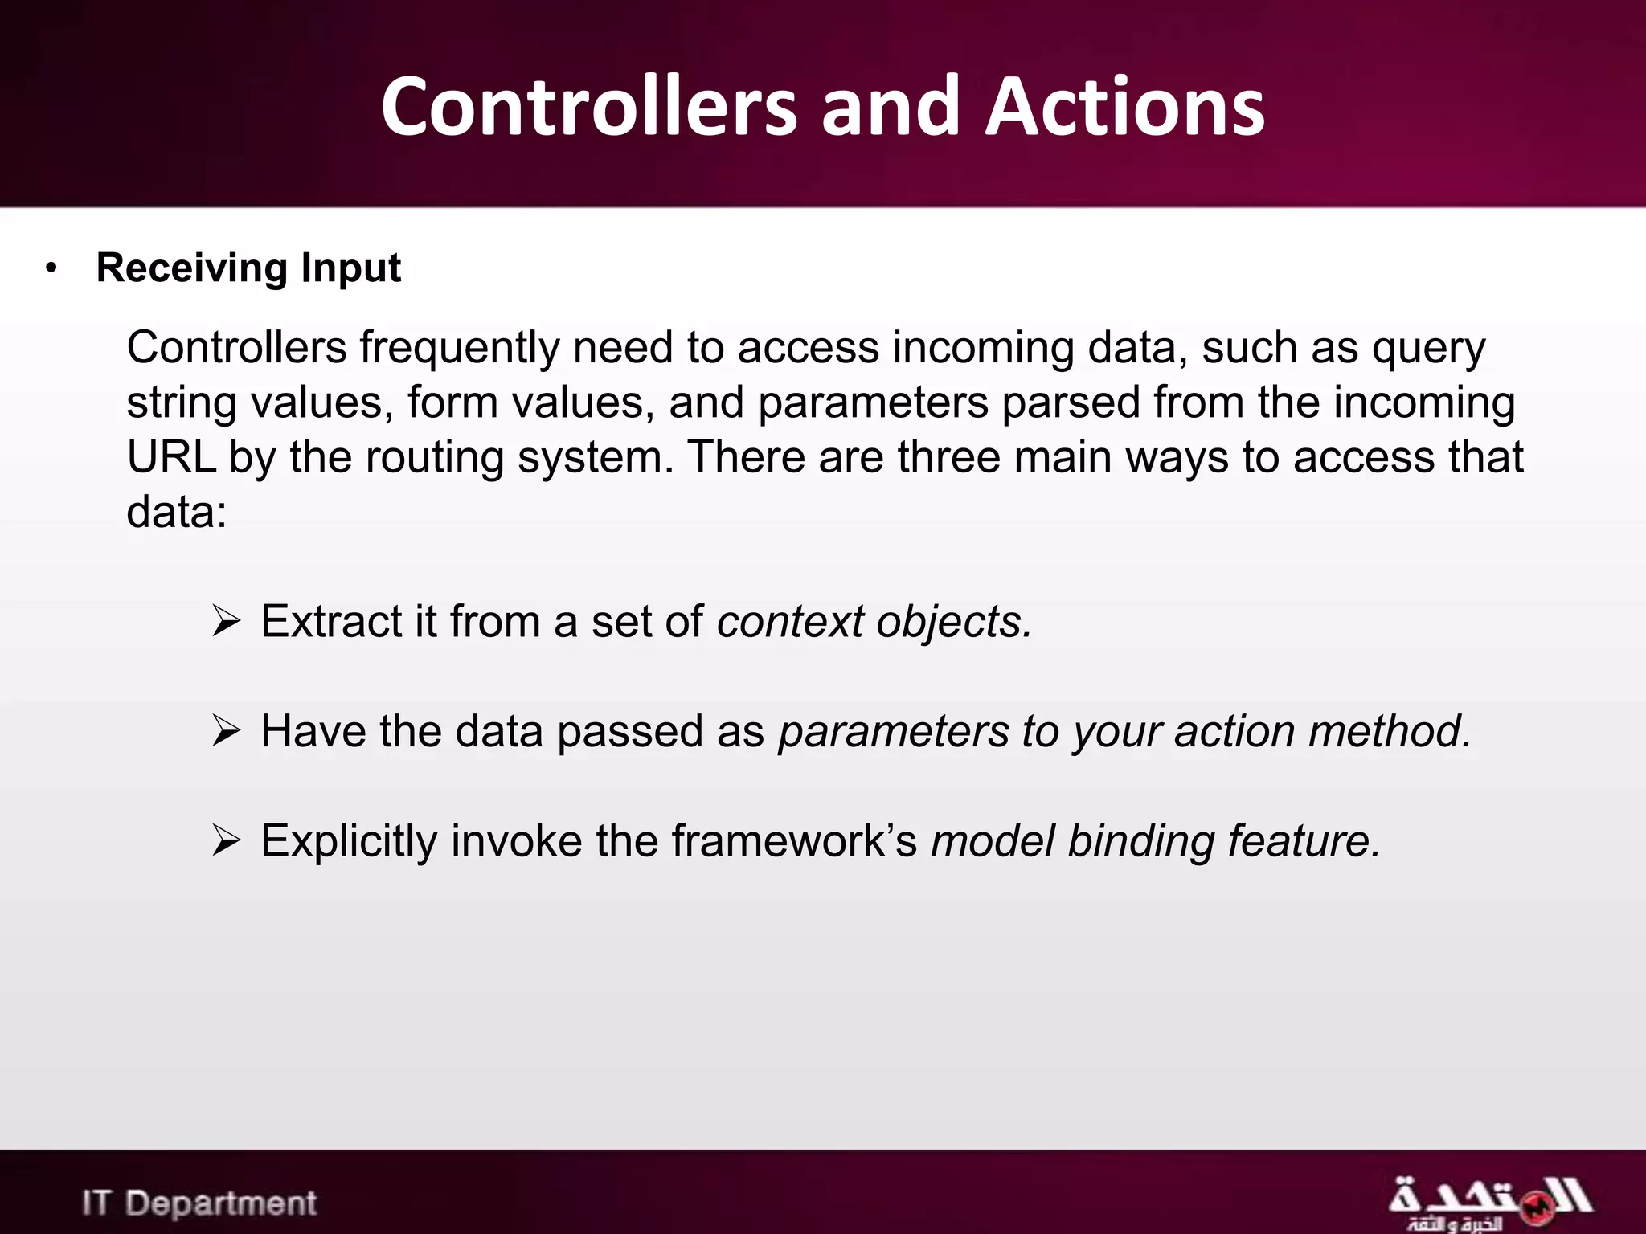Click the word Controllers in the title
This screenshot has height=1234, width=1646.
[x=589, y=107]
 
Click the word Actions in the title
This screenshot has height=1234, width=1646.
[x=1124, y=107]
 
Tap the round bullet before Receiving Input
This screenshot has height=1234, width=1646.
[x=52, y=268]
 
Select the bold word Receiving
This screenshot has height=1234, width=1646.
[x=191, y=268]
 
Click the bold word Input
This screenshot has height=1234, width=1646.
[x=350, y=268]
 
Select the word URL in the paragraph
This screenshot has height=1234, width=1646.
[x=171, y=456]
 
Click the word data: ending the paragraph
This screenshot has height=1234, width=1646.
[x=177, y=511]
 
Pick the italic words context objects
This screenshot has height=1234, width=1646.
[x=874, y=622]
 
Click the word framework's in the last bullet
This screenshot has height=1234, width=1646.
[x=794, y=841]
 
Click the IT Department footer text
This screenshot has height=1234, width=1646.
[x=199, y=1203]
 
